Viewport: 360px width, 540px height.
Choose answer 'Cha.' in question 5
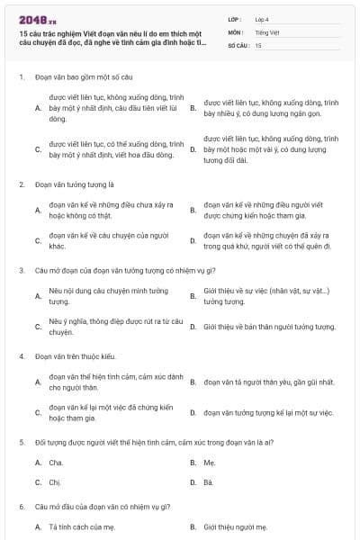point(57,463)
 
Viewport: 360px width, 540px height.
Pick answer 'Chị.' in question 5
point(56,481)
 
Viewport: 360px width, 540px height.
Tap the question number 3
point(21,270)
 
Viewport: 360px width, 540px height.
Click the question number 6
point(21,506)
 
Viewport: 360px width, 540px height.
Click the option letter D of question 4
point(193,412)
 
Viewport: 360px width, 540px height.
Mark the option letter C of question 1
point(38,148)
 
